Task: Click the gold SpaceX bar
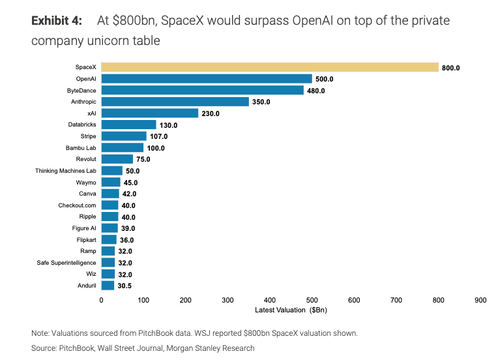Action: point(270,67)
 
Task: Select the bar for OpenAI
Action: point(207,79)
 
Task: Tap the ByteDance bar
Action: point(202,90)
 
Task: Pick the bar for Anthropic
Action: point(175,102)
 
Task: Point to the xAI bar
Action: point(149,113)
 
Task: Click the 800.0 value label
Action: point(451,68)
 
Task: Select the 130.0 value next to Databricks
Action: point(169,125)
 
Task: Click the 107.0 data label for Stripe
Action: point(159,136)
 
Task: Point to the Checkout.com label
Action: point(78,205)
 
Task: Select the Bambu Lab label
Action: point(81,148)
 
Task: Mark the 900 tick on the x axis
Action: point(480,300)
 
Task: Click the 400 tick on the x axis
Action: point(270,300)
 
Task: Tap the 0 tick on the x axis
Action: point(101,300)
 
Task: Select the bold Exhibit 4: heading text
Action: point(57,21)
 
